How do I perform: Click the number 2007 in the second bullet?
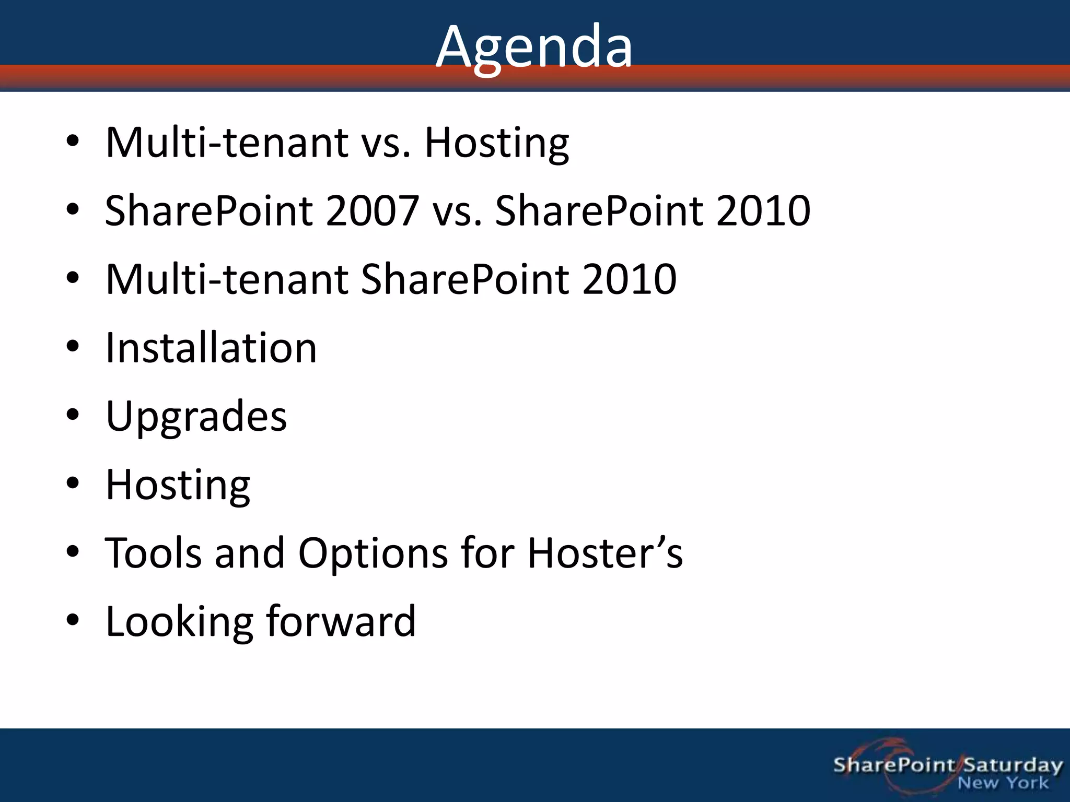[x=372, y=210]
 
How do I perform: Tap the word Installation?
[x=211, y=348]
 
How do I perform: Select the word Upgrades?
[x=196, y=417]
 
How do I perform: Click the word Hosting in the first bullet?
[x=496, y=143]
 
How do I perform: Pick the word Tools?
[x=153, y=553]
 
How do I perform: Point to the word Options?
[x=373, y=553]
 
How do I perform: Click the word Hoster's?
[x=604, y=553]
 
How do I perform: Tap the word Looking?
[x=179, y=622]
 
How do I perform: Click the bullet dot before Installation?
[x=73, y=346]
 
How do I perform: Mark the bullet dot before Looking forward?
[x=73, y=620]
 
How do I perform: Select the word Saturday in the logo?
[x=1013, y=765]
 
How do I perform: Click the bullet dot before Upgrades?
[x=73, y=415]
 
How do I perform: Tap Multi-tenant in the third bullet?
[x=226, y=279]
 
